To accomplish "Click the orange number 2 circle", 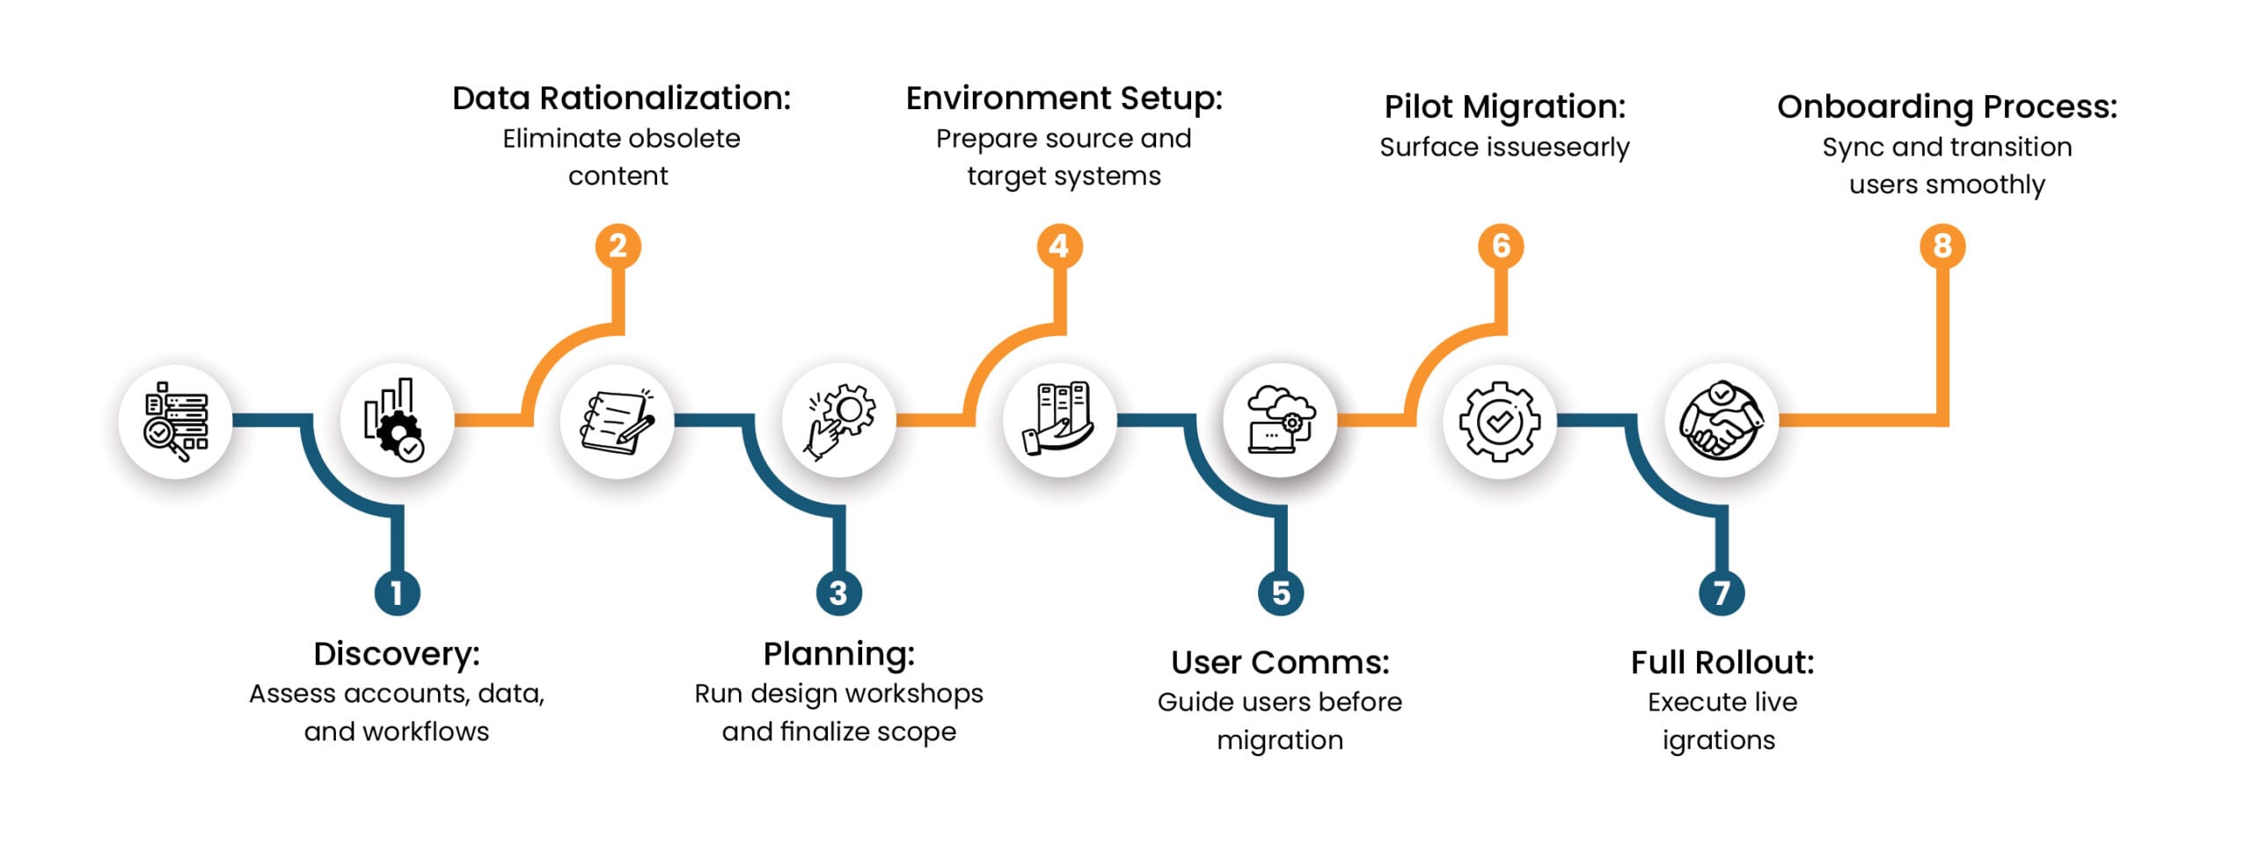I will coord(618,246).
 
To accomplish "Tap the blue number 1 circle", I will coord(397,593).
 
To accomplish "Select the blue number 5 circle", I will coord(1280,593).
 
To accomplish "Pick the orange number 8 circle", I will coord(1941,246).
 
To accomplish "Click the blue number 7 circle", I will coord(1721,593).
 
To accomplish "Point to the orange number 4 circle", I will coord(1059,246).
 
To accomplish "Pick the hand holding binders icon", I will coord(1059,420).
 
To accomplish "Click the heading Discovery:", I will coord(397,654).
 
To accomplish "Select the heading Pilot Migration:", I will coord(1504,107).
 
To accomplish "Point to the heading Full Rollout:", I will coord(1722,662).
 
